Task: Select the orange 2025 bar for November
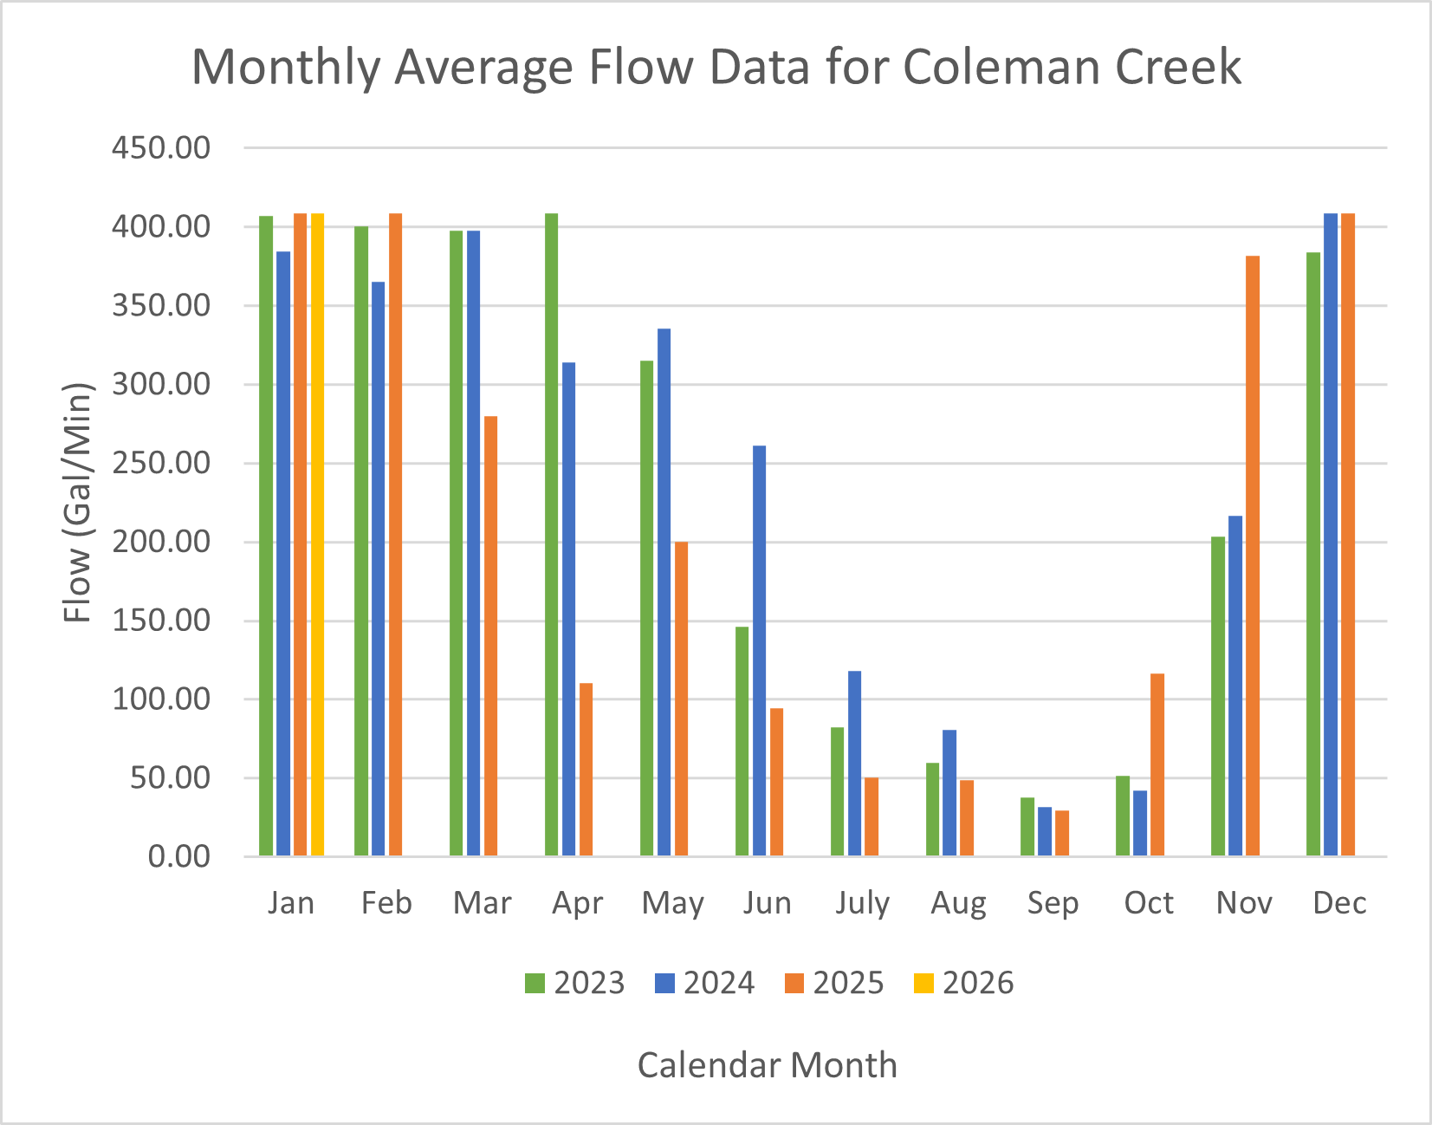tap(1253, 556)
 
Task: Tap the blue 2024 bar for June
tap(759, 650)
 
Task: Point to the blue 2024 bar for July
tap(854, 763)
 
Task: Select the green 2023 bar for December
tap(1313, 554)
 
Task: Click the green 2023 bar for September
tap(1027, 827)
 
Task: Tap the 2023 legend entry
tap(575, 983)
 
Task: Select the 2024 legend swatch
tap(664, 983)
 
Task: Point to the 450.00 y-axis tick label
tap(161, 148)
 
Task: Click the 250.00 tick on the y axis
tap(161, 464)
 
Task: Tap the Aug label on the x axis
tap(958, 903)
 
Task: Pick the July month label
tap(863, 903)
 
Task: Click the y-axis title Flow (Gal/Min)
tap(78, 503)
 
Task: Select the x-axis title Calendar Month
tap(767, 1065)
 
